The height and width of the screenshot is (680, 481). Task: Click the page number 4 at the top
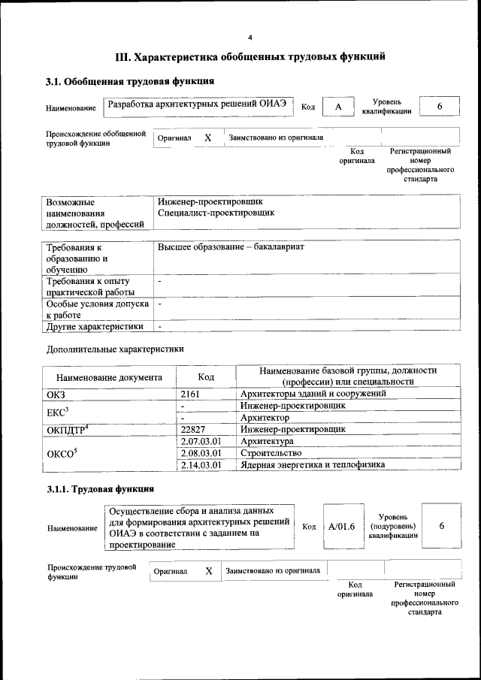coord(250,37)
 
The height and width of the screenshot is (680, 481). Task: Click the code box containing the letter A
coord(338,107)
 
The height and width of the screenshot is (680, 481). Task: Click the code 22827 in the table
coord(194,429)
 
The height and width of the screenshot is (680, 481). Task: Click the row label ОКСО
coord(62,453)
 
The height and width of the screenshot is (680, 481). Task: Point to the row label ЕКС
coord(58,411)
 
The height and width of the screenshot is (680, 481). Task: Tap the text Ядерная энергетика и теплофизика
coord(313,465)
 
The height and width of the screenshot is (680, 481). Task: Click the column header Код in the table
coord(207,377)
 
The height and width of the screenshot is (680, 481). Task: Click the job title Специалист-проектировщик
coord(216,213)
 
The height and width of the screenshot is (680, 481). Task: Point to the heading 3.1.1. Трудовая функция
coord(101,490)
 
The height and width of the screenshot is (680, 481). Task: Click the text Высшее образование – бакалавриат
coord(232,246)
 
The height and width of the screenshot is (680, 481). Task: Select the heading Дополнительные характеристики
coord(115,349)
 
